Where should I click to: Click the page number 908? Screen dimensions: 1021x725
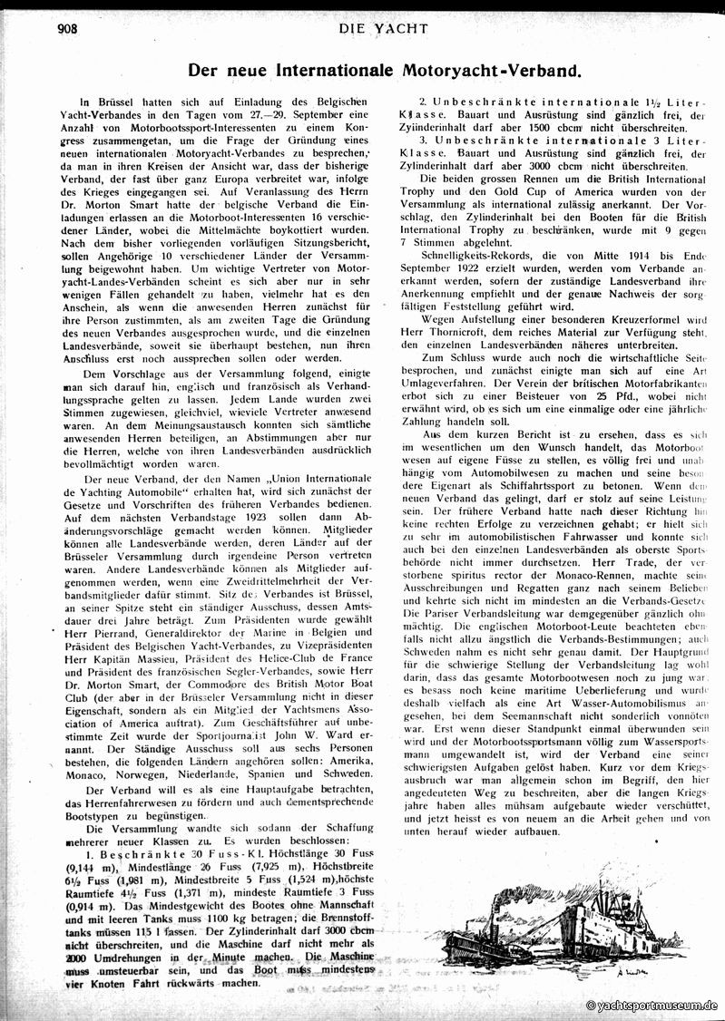coord(69,29)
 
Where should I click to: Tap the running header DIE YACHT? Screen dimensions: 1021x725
coord(383,29)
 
